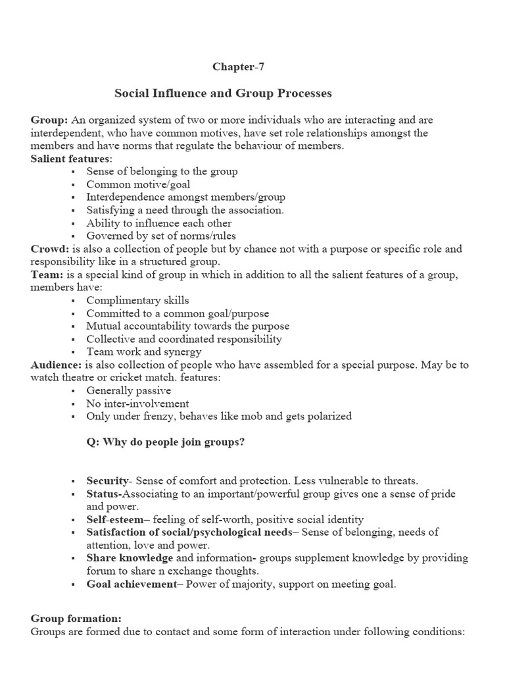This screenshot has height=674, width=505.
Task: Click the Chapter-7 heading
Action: coord(239,66)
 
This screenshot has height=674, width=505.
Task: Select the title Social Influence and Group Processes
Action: coord(223,93)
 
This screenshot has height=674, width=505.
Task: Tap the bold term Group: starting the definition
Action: coord(49,120)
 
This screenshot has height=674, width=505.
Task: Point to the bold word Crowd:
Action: coord(50,249)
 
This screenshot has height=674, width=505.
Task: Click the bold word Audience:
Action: coord(56,365)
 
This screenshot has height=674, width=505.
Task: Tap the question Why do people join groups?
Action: coord(166,442)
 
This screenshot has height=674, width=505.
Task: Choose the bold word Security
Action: coord(107,480)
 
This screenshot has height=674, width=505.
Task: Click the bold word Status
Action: coord(104,494)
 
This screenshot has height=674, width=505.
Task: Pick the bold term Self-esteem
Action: coord(114,519)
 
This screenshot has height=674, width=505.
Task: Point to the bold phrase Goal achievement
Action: coord(130,583)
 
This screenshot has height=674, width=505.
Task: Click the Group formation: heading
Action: coord(76,619)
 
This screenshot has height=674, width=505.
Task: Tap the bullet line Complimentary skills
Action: coord(137,300)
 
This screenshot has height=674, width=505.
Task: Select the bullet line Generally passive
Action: coord(128,390)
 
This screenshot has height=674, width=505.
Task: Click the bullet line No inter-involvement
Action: coord(137,403)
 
